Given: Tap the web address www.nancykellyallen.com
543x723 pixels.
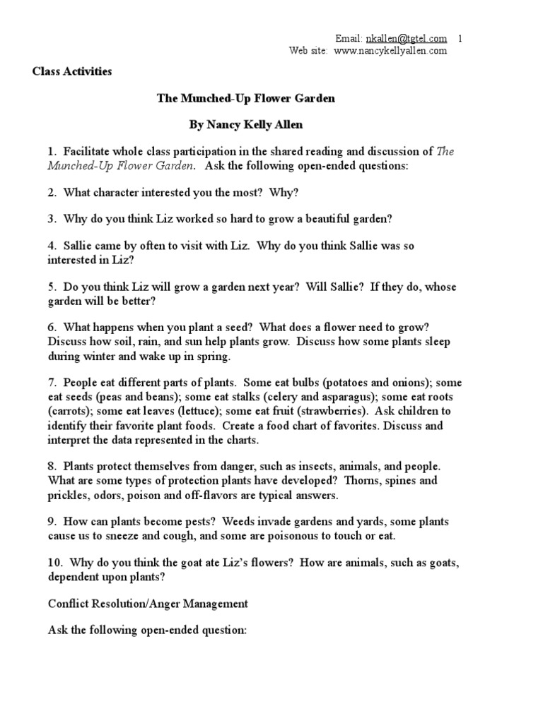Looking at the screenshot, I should click(390, 51).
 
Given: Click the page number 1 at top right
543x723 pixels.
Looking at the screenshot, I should click(461, 38).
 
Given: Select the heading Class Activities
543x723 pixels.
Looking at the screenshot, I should click(72, 72).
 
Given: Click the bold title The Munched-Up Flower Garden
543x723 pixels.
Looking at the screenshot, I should click(245, 99).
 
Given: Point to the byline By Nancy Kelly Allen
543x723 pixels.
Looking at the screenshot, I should click(245, 125).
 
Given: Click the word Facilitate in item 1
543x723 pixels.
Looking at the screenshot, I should click(88, 151).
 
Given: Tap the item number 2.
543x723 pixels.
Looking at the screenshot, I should click(52, 192).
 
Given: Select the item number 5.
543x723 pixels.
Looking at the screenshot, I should click(52, 287).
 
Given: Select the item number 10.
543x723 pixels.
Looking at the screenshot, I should click(54, 563).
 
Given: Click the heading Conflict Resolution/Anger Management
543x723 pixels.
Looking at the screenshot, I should click(148, 604).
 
